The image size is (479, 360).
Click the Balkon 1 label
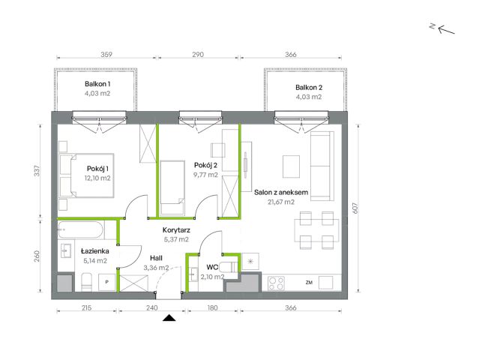(97, 84)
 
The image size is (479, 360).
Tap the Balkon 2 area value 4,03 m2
(309, 97)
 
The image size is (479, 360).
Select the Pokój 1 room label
(97, 169)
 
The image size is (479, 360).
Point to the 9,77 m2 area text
(205, 175)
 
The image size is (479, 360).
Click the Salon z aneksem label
(281, 192)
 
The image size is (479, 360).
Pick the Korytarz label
(176, 230)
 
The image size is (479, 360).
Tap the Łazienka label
(95, 251)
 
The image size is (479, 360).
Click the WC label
(212, 268)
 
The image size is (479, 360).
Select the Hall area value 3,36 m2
(156, 268)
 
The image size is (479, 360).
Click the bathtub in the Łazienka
(81, 229)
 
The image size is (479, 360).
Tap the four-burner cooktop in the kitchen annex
(276, 283)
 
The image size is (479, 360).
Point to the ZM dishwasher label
(309, 283)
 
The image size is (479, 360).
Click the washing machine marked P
(106, 282)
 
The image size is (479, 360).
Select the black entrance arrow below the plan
(169, 318)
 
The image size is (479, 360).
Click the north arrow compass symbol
(443, 28)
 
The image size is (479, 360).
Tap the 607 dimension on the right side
(355, 208)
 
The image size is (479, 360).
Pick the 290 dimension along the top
(198, 55)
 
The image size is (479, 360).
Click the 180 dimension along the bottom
(212, 307)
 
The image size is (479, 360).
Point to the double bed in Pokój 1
(86, 175)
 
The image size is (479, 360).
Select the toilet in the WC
(229, 268)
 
